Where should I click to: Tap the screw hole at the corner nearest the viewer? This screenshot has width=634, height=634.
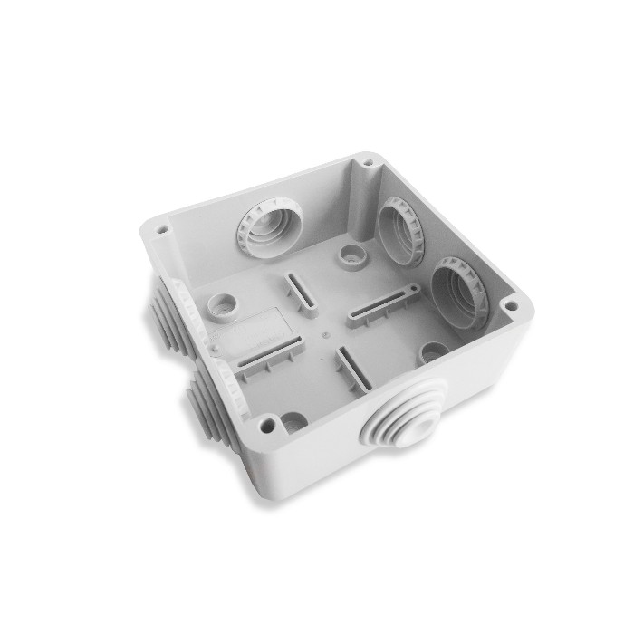(x=266, y=422)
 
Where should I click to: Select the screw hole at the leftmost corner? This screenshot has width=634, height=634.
(x=162, y=230)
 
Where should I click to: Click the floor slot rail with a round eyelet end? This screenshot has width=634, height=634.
(x=380, y=303)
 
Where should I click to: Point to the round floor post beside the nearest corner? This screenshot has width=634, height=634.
(x=293, y=420)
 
